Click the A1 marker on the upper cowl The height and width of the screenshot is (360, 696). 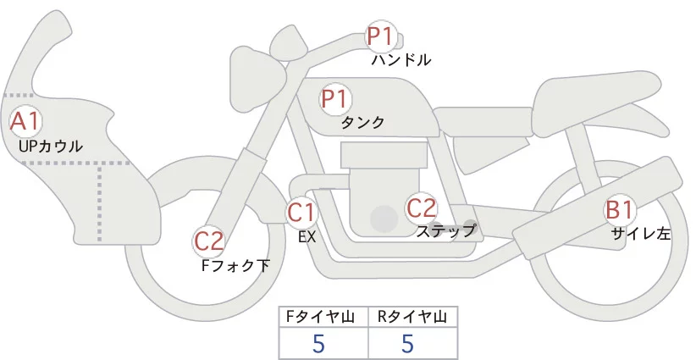point(25,120)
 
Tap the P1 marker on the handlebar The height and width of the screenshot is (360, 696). point(380,36)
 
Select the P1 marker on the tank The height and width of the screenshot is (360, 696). point(335,98)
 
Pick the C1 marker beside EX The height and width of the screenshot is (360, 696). point(301,212)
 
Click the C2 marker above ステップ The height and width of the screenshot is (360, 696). point(422,208)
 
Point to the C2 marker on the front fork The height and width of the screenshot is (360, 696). point(208,241)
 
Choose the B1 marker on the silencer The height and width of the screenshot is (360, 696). point(618,209)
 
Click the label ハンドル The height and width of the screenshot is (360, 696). point(401,60)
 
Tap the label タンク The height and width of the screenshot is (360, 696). point(362,122)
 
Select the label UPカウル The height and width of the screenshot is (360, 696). point(50,147)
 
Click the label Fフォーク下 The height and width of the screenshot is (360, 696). point(235,265)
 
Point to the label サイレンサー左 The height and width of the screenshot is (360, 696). point(641,234)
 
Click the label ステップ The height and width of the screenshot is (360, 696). point(445,230)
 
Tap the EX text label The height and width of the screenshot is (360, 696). point(307,237)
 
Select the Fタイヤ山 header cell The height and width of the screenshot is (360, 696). point(324,317)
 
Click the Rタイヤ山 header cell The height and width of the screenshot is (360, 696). point(412,317)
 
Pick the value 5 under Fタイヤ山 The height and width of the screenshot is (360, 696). point(318,344)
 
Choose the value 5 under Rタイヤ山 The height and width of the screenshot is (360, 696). point(407,344)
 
